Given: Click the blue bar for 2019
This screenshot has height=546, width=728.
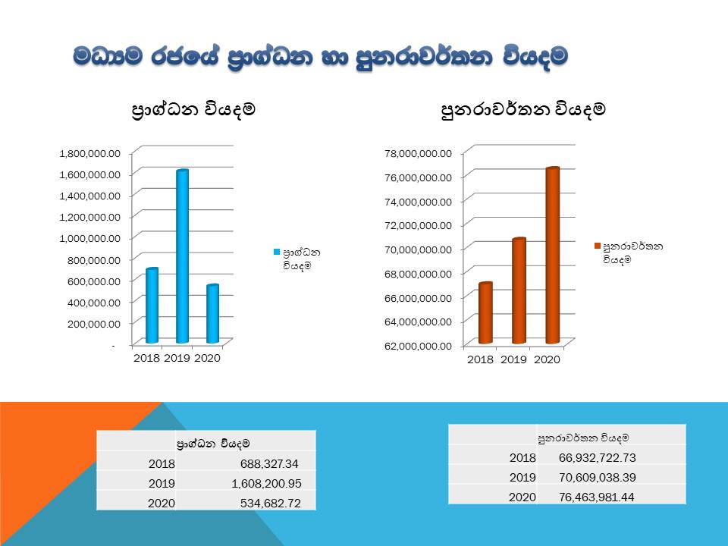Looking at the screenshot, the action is pyautogui.click(x=183, y=257).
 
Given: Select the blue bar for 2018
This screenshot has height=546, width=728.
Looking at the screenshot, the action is pyautogui.click(x=152, y=306).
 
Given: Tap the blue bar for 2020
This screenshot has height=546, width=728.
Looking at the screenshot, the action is pyautogui.click(x=212, y=314).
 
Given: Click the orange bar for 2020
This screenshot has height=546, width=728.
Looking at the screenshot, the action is pyautogui.click(x=553, y=256).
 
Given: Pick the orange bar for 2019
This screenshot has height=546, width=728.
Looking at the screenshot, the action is pyautogui.click(x=519, y=290).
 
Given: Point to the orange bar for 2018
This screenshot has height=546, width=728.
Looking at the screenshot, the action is pyautogui.click(x=485, y=313).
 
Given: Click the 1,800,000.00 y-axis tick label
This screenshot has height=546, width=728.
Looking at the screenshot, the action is pyautogui.click(x=90, y=153).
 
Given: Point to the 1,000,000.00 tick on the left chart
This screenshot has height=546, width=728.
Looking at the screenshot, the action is pyautogui.click(x=90, y=238).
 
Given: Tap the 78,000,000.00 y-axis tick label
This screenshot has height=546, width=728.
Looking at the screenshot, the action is pyautogui.click(x=418, y=153).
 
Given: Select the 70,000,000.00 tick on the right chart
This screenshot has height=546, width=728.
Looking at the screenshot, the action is pyautogui.click(x=418, y=249).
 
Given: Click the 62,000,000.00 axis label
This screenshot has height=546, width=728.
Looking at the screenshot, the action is pyautogui.click(x=418, y=346).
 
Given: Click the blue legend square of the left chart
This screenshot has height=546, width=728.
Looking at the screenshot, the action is pyautogui.click(x=277, y=252).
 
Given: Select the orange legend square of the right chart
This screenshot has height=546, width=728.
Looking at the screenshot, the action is pyautogui.click(x=598, y=246).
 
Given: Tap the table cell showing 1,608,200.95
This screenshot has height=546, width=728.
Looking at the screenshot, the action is pyautogui.click(x=266, y=483).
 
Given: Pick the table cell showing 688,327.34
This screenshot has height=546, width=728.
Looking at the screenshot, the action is pyautogui.click(x=269, y=463).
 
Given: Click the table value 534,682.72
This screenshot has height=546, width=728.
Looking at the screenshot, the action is pyautogui.click(x=270, y=503).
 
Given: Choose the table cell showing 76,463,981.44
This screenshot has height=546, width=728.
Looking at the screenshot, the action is pyautogui.click(x=597, y=497).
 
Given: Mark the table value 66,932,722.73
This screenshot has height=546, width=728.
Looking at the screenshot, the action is pyautogui.click(x=597, y=458).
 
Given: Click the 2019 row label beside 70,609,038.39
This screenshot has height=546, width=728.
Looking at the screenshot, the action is pyautogui.click(x=522, y=477).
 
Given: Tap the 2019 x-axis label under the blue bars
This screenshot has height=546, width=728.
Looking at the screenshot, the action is pyautogui.click(x=177, y=358).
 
